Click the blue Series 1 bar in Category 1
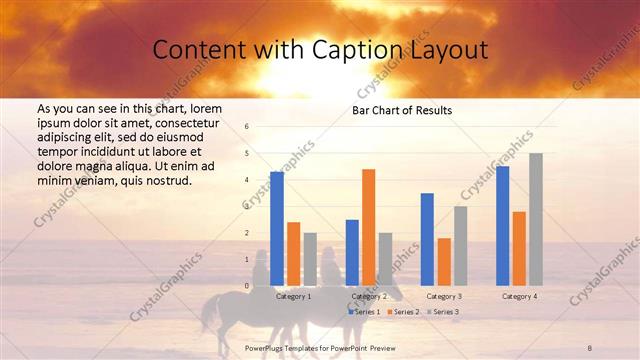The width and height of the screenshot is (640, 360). tap(277, 229)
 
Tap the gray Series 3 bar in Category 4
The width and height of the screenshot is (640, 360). tap(536, 219)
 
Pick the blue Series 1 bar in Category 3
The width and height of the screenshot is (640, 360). tap(427, 239)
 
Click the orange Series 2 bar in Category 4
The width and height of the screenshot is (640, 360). tap(519, 248)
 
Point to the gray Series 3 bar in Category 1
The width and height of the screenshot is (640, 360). tap(310, 259)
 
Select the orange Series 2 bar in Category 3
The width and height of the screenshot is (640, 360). tap(443, 262)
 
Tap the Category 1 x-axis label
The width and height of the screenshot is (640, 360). tap(293, 297)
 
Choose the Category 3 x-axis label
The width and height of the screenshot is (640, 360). tap(443, 297)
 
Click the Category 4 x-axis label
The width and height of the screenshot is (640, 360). tap(518, 297)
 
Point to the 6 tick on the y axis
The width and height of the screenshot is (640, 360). tap(247, 127)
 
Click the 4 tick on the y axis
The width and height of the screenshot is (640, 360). tap(247, 180)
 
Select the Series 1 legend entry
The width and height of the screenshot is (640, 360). tap(365, 312)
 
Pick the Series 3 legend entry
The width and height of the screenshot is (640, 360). tap(443, 312)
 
